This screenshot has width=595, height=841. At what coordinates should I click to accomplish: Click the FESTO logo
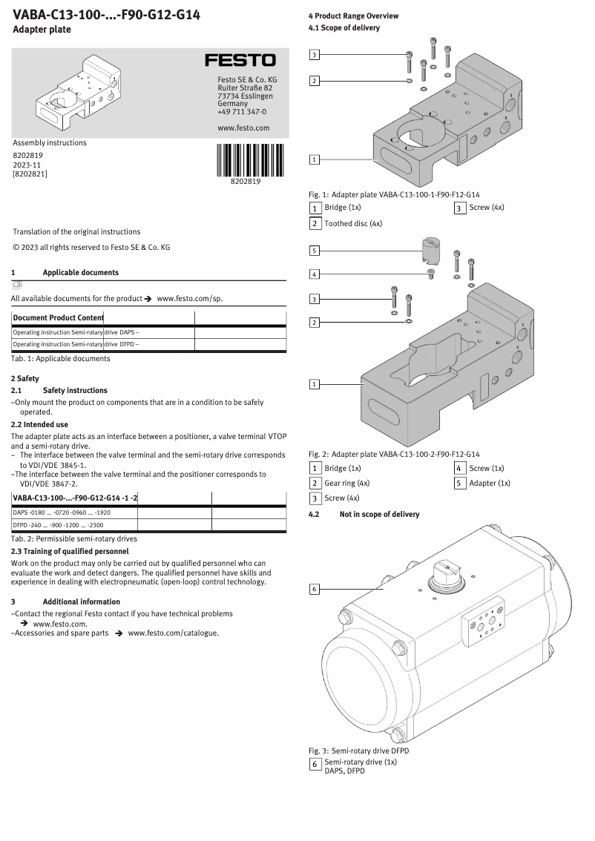240,60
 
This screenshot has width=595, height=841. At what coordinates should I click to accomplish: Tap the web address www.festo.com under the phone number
243,128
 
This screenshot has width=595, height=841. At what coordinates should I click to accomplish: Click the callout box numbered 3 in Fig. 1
315,55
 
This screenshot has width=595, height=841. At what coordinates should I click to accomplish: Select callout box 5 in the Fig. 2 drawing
315,251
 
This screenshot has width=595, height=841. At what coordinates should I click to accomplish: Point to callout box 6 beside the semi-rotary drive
315,589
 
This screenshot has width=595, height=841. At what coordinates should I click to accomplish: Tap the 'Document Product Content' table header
59,317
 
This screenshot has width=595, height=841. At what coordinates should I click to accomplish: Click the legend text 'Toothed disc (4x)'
353,223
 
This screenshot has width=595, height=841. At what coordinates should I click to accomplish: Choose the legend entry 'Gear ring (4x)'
347,484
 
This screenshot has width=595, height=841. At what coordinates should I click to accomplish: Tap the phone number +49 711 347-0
242,112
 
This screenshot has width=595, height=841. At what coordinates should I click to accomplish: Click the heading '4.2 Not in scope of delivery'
364,514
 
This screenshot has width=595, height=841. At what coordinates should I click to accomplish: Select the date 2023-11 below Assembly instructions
27,164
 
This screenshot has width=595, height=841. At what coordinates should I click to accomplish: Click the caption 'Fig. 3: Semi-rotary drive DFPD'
358,751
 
